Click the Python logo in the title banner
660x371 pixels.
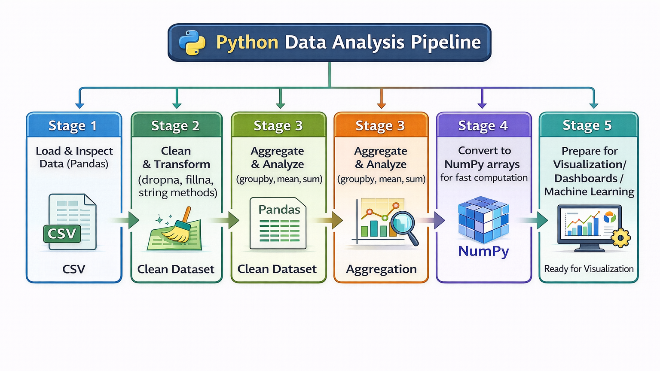click(x=192, y=43)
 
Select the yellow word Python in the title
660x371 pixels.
click(x=247, y=43)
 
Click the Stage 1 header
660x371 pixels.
click(x=73, y=125)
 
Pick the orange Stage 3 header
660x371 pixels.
click(x=380, y=125)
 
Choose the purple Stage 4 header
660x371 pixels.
click(x=483, y=125)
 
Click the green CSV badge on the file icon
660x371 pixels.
click(x=62, y=234)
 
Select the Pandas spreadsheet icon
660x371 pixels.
click(x=278, y=223)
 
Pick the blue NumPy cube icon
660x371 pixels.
click(x=483, y=219)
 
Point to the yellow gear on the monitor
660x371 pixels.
click(x=620, y=237)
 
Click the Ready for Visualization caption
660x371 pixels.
click(x=589, y=269)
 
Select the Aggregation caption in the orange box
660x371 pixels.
click(x=381, y=269)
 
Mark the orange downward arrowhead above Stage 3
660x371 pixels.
click(x=381, y=105)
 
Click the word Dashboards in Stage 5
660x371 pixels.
click(x=586, y=178)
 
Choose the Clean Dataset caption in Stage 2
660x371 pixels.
click(x=176, y=269)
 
